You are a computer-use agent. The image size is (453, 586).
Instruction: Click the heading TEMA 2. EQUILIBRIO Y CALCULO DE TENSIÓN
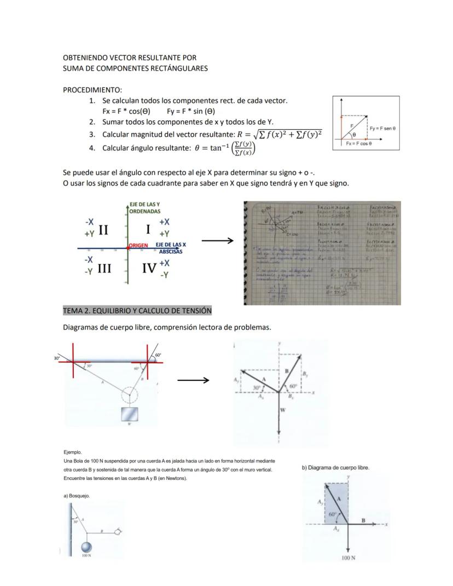tap(137, 310)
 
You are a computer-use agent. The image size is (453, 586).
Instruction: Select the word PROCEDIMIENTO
tap(92, 89)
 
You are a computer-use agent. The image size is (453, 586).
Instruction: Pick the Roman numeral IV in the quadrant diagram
tap(149, 269)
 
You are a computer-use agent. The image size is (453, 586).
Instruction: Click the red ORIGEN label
tap(138, 245)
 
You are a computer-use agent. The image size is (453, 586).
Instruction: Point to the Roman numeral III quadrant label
tap(106, 269)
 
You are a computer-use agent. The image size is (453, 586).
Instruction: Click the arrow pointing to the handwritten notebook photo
tap(217, 240)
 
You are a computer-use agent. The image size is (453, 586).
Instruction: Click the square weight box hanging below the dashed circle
tap(130, 414)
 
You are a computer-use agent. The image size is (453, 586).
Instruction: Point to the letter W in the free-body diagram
tap(282, 409)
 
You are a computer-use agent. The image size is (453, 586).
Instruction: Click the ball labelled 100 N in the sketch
tap(85, 546)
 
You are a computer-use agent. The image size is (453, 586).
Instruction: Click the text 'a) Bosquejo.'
tap(77, 496)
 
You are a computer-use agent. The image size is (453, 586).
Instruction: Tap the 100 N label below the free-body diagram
tap(349, 558)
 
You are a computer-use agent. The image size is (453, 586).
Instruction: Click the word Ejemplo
tap(73, 452)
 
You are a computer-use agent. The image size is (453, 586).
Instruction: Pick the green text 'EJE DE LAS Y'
tap(144, 204)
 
